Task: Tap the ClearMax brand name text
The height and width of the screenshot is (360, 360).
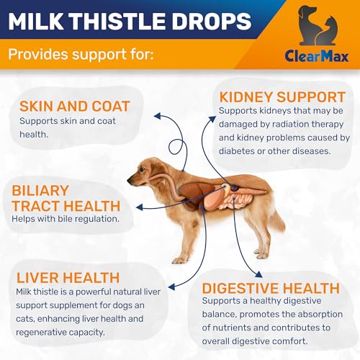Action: coord(316,56)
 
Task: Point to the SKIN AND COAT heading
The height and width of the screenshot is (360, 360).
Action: coord(75,106)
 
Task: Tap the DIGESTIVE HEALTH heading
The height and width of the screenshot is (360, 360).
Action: coord(271,288)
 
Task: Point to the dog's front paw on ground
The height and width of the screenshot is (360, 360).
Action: coord(178,259)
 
